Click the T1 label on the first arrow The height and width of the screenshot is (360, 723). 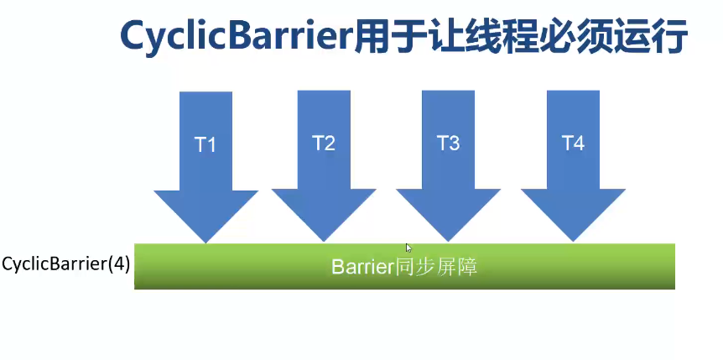[205, 144]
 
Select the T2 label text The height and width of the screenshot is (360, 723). [324, 143]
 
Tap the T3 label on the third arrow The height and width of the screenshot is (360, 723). [449, 143]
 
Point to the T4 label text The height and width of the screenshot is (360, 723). [573, 143]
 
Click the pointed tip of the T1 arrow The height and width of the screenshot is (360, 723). [205, 241]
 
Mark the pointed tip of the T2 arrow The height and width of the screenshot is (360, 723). [324, 241]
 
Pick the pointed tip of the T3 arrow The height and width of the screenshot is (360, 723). [448, 241]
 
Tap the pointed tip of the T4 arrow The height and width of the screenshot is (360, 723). [573, 241]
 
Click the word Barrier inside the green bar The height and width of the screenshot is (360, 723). [362, 268]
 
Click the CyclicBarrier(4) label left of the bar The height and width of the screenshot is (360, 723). [65, 263]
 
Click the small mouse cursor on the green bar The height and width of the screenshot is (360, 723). [408, 248]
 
